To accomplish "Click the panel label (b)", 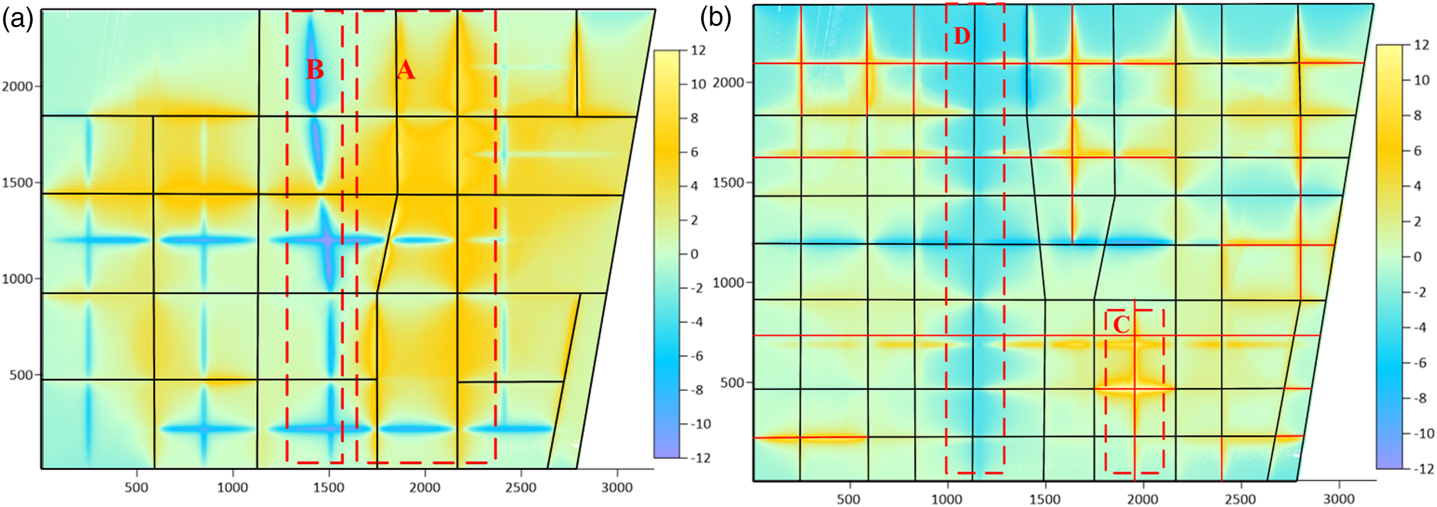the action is click(716, 19).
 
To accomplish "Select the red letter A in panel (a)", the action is click(406, 70).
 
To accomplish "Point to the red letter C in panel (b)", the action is click(1121, 324).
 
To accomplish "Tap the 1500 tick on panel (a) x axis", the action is click(329, 487).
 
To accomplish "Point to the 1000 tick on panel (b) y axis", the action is click(729, 282).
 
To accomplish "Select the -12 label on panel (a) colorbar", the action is click(701, 458).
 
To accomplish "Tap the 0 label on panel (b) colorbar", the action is click(1417, 257).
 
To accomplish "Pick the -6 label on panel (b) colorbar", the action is click(1419, 363).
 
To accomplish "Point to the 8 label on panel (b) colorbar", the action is click(1417, 116).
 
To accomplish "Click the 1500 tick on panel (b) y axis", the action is click(729, 183).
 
